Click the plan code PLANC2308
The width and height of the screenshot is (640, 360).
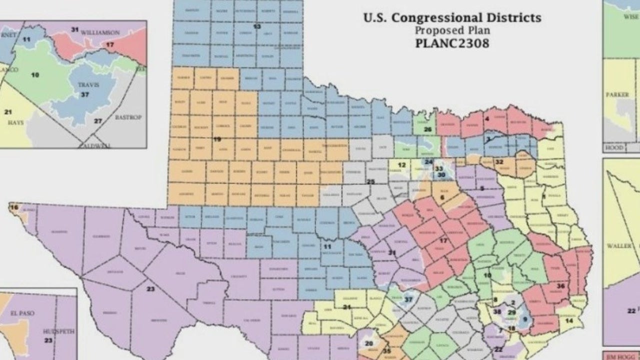click(x=452, y=43)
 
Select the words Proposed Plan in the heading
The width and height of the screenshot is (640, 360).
click(x=452, y=30)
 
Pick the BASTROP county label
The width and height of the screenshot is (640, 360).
click(x=128, y=117)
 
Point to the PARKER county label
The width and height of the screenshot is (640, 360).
click(x=617, y=94)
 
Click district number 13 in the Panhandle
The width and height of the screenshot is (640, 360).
click(x=257, y=26)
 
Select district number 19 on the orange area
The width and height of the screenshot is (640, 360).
click(x=217, y=139)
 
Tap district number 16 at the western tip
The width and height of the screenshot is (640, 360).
click(x=14, y=207)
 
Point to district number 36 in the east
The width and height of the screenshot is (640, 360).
click(x=560, y=286)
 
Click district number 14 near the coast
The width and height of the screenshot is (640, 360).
click(x=569, y=320)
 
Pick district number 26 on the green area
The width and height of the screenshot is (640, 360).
click(x=427, y=129)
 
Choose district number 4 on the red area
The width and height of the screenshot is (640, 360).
click(x=486, y=118)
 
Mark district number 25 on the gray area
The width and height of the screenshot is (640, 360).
click(x=370, y=181)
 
